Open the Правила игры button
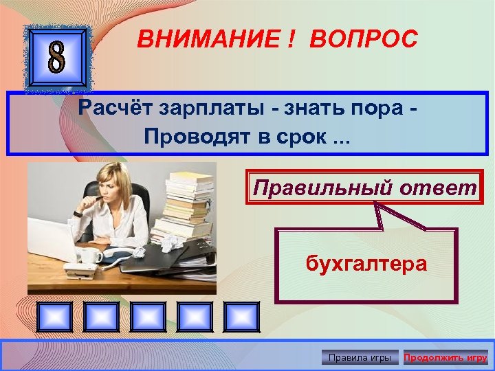coord(360,357)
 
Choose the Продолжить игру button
coord(445,357)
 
